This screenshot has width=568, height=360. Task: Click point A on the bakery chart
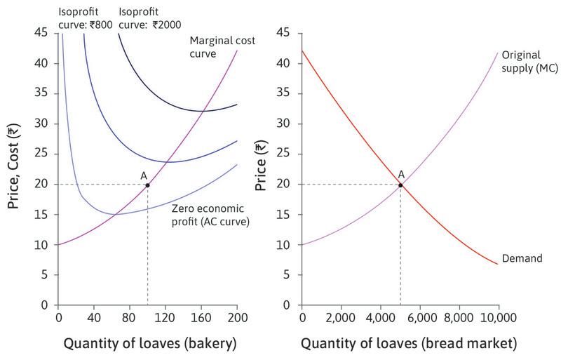click(x=147, y=185)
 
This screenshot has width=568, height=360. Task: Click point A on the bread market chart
click(x=400, y=185)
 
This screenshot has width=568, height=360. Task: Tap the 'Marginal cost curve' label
click(x=222, y=46)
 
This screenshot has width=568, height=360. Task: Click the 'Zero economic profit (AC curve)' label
click(x=212, y=214)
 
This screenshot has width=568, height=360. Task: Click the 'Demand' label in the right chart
click(x=522, y=258)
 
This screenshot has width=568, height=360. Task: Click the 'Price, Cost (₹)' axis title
click(x=13, y=168)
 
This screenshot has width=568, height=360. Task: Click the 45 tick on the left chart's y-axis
click(x=41, y=33)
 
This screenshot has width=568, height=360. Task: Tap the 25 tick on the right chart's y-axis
click(x=284, y=154)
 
